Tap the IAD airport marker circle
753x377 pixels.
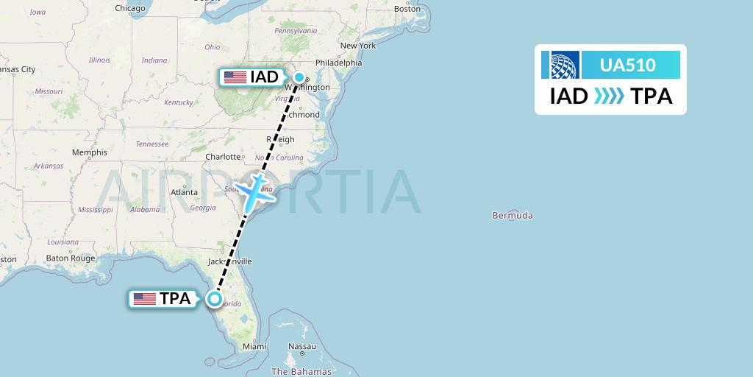coord(300,77)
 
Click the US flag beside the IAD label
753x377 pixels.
coord(235,77)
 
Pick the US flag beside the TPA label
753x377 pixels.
coord(144,299)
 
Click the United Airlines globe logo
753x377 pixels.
coord(560,65)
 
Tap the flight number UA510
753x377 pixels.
coord(627,65)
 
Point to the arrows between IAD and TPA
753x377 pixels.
coord(608,96)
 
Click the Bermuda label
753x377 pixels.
coord(513,216)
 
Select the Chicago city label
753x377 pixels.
coord(129,8)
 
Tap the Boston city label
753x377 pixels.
coord(407,8)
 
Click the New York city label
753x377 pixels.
coord(357,46)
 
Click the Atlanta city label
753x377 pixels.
coord(184,192)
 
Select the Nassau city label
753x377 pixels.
coord(302,346)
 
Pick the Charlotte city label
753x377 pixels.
coord(224,157)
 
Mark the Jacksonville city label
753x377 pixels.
coord(229,261)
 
